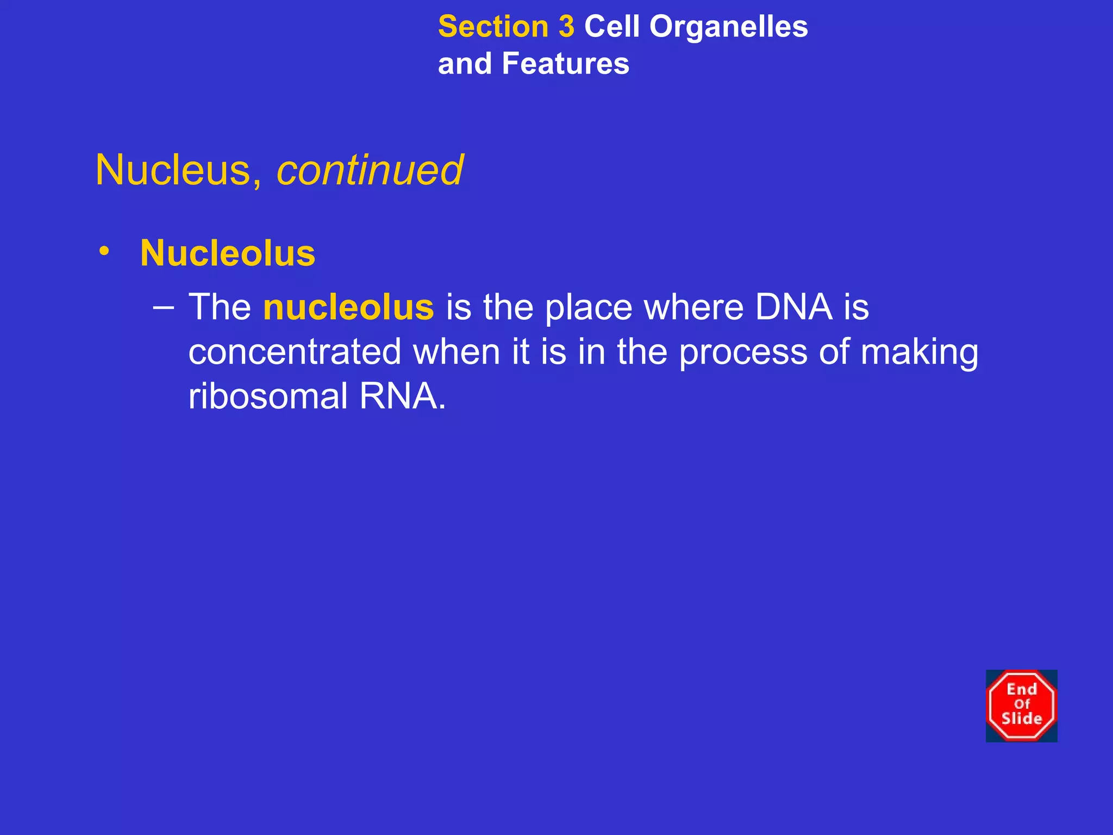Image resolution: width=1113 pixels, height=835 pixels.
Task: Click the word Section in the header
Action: pos(493,27)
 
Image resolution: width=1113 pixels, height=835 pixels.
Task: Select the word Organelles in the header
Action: pos(729,27)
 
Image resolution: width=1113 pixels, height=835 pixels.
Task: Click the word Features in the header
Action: pos(566,64)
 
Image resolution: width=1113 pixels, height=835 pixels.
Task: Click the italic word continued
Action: pos(370,170)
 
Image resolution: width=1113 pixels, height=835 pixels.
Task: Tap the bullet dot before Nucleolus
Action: pos(104,251)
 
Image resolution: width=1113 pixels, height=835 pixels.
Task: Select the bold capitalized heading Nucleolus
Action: pos(228,253)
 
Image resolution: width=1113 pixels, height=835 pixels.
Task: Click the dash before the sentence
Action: pos(164,308)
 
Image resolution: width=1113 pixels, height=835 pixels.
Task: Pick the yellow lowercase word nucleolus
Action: pos(348,308)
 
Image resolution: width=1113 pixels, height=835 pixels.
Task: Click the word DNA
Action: pos(793,308)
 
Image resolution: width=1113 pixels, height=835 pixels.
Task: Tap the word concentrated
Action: pos(295,352)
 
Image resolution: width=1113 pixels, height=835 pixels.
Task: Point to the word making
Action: pos(920,352)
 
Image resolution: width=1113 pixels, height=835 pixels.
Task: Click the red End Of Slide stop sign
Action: pos(1021,706)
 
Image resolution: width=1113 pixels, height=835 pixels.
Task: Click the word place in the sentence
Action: pos(589,308)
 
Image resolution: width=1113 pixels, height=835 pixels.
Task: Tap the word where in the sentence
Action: pos(693,308)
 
